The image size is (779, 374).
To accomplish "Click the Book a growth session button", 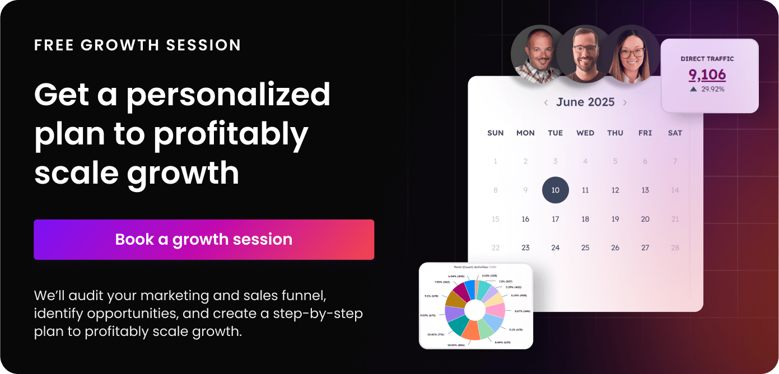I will [204, 240].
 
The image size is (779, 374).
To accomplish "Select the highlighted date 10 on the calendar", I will [556, 190].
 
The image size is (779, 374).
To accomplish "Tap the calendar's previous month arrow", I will [546, 102].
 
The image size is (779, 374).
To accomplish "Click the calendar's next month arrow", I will [625, 102].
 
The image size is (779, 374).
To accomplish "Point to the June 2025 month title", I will [585, 102].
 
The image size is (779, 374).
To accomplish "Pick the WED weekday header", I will [585, 133].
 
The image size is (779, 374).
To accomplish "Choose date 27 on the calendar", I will [645, 247].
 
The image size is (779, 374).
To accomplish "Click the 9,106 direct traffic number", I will [707, 75].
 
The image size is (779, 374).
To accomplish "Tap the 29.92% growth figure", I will [712, 89].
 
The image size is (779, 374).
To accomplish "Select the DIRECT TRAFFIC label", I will [707, 59].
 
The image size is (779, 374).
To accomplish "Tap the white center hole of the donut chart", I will [475, 310].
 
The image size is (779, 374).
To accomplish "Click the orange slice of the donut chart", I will [470, 330].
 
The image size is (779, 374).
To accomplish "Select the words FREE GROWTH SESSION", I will [137, 45].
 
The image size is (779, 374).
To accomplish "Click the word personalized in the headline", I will [228, 95].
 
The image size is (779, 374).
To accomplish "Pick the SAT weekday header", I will [675, 133].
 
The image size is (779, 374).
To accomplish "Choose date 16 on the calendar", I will [525, 219].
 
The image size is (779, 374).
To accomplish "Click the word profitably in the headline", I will [231, 134].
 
